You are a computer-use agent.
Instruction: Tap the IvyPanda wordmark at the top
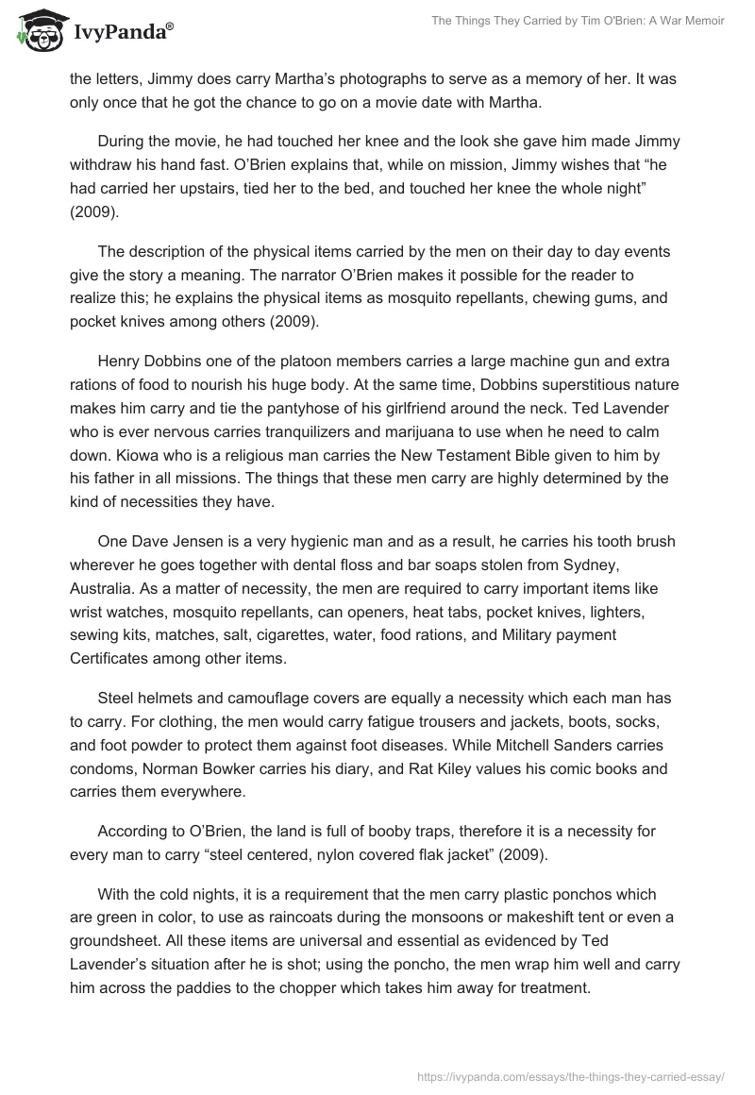click(x=121, y=32)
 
